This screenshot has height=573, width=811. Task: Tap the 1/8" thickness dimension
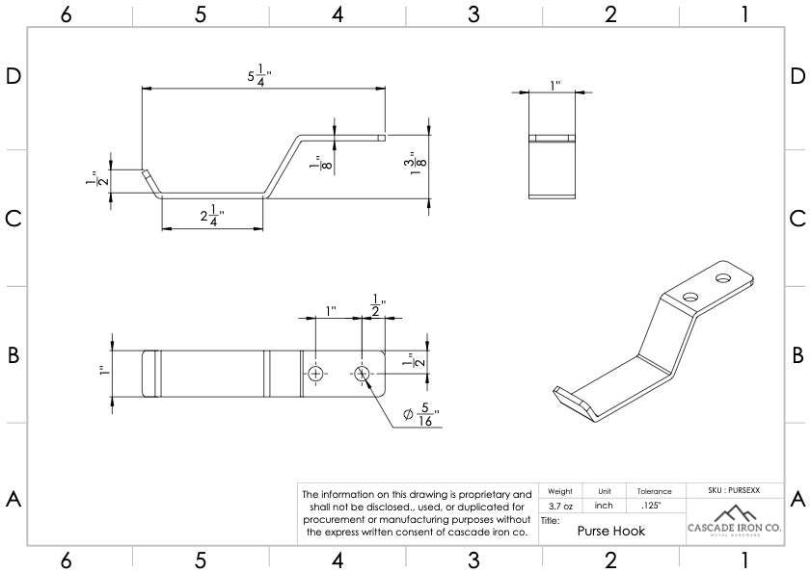tap(315, 165)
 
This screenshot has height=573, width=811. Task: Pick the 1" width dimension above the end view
tap(554, 86)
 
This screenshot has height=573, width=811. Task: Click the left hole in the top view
tap(315, 373)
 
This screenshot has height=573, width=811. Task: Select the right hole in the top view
tap(363, 373)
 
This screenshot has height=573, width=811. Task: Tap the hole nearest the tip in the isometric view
tap(723, 279)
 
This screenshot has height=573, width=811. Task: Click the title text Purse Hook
tap(610, 530)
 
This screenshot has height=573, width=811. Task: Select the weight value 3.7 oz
tap(560, 505)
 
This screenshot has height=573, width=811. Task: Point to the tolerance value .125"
tap(651, 505)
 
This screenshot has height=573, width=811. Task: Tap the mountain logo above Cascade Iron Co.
tap(735, 511)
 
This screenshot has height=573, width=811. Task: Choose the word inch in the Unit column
tap(605, 505)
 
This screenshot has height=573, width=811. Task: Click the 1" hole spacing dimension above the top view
tap(331, 311)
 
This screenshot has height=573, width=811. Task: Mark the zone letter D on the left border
tap(14, 77)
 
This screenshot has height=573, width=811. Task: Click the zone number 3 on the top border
tap(473, 13)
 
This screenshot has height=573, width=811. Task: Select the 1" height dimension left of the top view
tap(102, 372)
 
